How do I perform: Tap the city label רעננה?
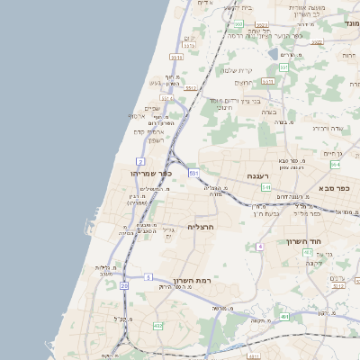236,176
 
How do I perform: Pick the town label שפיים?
152,108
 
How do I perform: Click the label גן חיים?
335,154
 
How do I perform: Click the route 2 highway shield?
141,160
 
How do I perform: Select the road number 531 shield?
193,171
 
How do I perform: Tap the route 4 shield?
259,246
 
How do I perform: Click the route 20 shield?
123,285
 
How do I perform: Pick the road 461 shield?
283,317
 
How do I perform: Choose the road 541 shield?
265,187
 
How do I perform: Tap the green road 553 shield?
283,67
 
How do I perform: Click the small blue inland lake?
273,55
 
